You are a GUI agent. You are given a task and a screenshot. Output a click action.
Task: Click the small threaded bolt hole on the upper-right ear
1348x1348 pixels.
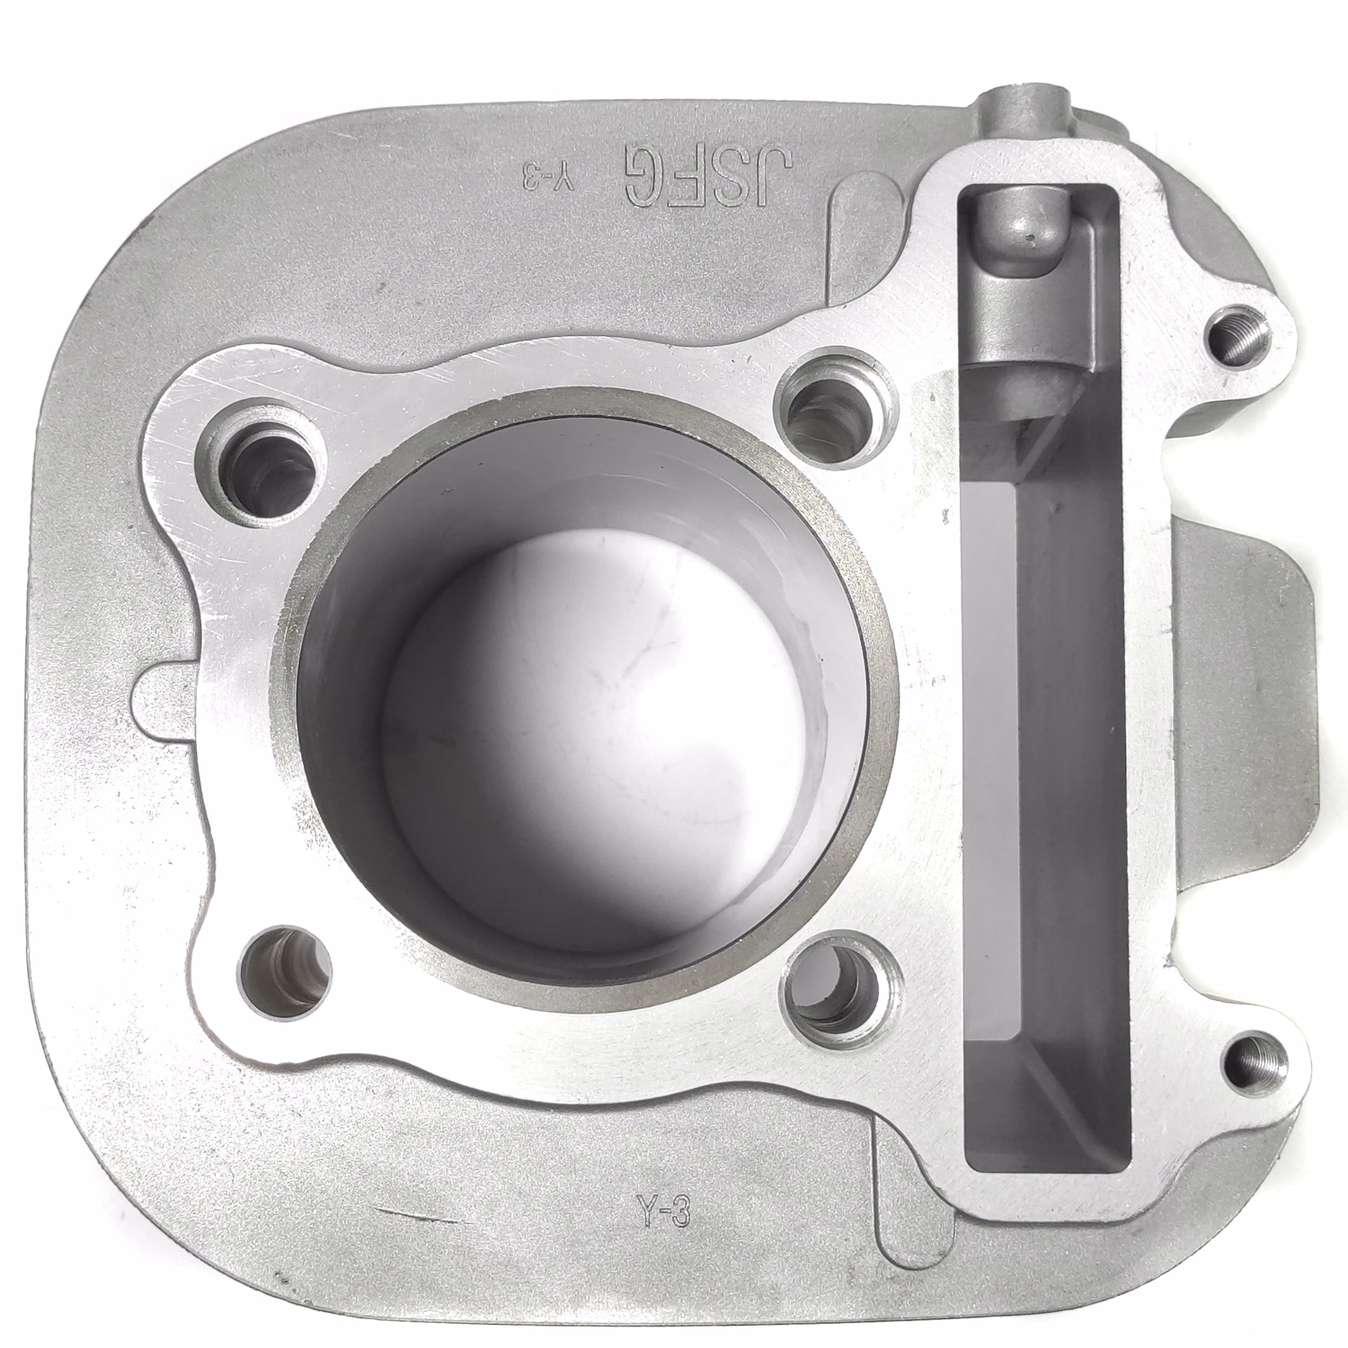pyautogui.click(x=1239, y=338)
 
